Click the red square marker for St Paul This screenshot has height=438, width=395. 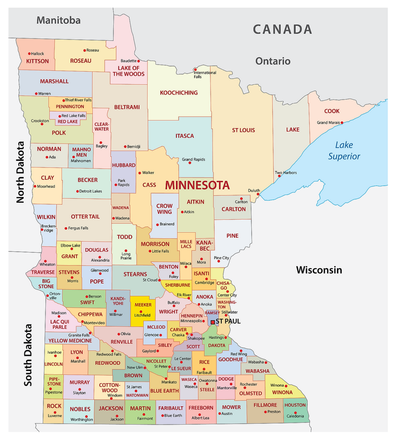coord(213,322)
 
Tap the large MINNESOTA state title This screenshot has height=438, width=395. coord(197,185)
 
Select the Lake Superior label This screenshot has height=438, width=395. coord(345,151)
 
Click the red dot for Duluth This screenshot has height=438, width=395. coord(258,195)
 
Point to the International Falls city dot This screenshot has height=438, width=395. coord(195,69)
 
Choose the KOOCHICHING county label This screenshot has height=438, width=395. coord(179,92)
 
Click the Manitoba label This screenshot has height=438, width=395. coord(58,20)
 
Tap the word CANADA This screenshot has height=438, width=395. coord(282,29)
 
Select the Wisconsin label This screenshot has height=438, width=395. coord(319,270)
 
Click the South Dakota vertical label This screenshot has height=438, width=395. coord(28,355)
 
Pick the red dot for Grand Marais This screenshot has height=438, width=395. coord(342,123)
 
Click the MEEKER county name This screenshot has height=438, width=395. coord(143,305)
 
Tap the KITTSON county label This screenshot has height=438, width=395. coord(38,61)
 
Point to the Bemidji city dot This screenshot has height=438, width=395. coord(125,146)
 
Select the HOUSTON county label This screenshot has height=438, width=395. coord(295,405)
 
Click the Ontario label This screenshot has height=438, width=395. coord(273,61)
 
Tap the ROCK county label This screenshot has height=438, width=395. coord(54,406)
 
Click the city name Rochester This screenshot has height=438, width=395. coord(249,384)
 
